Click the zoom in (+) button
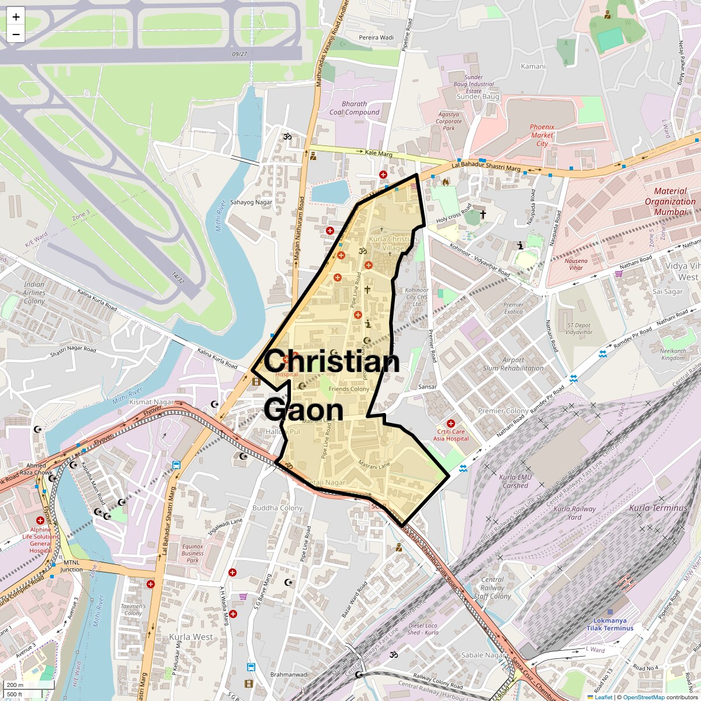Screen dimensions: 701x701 tap(16, 17)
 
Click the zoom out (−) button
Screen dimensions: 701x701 tap(16, 34)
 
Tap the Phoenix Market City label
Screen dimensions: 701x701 tap(542, 135)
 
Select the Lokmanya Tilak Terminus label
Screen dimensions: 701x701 tap(610, 624)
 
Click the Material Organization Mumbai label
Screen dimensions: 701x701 tap(670, 202)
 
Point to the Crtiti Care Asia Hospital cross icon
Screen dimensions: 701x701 tap(450, 423)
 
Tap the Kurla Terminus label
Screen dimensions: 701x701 tap(658, 508)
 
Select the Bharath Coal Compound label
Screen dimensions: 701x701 tap(355, 108)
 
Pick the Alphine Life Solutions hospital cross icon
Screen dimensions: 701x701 tap(40, 520)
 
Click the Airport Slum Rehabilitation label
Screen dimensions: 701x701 tap(513, 364)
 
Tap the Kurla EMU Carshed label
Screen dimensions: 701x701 tap(516, 481)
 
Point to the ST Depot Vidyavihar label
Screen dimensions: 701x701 tap(579, 329)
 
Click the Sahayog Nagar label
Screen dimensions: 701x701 tap(251, 202)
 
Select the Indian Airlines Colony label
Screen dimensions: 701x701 tap(34, 293)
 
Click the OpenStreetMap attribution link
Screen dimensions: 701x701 tap(644, 697)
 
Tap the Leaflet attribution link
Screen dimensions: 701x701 tap(603, 697)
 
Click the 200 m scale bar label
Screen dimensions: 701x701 tap(16, 685)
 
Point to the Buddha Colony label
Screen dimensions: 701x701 tap(277, 508)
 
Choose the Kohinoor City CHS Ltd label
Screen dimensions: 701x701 tap(417, 297)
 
